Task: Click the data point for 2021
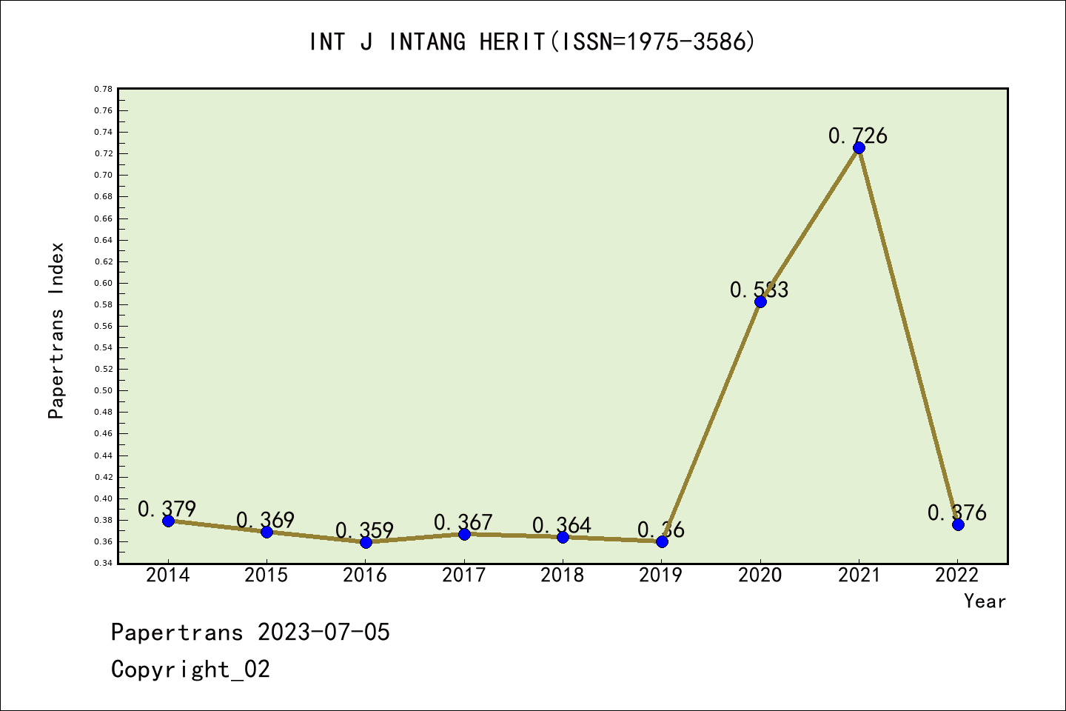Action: pos(859,148)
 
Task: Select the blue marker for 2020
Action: pos(760,301)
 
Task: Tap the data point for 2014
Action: pos(168,521)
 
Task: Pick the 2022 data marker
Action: pos(958,524)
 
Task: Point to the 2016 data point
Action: pos(366,542)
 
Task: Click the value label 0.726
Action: pos(857,136)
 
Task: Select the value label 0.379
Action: pos(167,509)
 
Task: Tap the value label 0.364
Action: pos(562,525)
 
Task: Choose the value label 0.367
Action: pos(463,522)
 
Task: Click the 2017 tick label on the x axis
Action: pos(464,575)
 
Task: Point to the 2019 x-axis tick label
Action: pos(661,575)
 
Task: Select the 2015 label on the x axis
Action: pos(266,575)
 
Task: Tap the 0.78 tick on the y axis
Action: pos(103,89)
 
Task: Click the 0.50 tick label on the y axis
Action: pos(103,390)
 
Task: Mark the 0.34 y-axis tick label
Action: pos(103,564)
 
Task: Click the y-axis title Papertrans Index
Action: pos(56,330)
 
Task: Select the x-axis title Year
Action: pos(985,601)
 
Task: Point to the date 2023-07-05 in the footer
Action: pos(324,632)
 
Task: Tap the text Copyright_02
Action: pos(190,670)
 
